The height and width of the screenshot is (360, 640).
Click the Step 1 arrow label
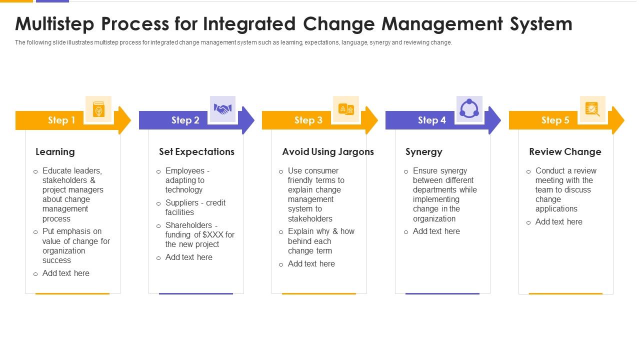coord(61,120)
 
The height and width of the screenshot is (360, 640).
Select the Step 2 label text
coord(185,120)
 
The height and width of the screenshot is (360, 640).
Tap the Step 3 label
coord(308,120)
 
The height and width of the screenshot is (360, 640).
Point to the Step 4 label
coord(431,120)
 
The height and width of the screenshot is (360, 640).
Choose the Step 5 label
coord(555,120)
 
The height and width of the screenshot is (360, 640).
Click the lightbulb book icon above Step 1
coord(98,109)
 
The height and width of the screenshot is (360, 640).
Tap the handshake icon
coord(222,109)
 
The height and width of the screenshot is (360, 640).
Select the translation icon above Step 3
coord(346,109)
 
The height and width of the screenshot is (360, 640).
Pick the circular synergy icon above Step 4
coord(469,109)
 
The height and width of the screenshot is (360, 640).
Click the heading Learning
coord(55,151)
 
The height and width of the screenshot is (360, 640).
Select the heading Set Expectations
coord(196,151)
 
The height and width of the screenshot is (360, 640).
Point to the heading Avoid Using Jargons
coord(328,151)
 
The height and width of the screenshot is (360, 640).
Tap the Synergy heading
coord(423,151)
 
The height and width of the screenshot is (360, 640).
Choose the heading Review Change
coord(565,151)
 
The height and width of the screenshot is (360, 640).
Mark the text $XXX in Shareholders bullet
coord(212,234)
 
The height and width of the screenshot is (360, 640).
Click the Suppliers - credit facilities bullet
coord(195,207)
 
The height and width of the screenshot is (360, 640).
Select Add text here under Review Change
coord(558,221)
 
